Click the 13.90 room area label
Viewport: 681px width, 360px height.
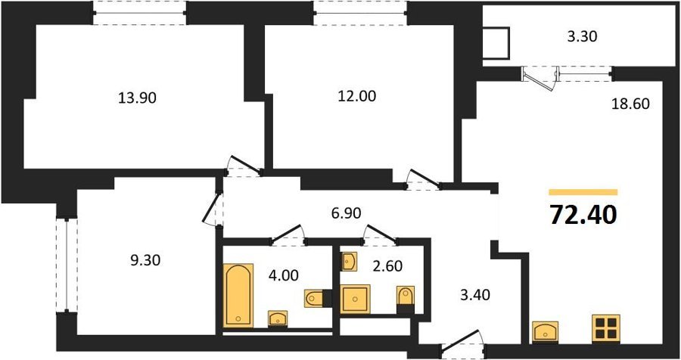coord(137,98)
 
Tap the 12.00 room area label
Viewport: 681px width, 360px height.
coord(357,96)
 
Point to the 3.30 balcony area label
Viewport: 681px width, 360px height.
coord(582,36)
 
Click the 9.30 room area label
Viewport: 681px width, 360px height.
coord(145,261)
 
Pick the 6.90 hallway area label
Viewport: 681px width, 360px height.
coord(346,213)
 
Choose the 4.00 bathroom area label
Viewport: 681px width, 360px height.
coord(283,275)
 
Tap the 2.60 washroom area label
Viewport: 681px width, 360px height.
coord(387,265)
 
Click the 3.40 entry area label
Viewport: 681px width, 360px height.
coord(474,295)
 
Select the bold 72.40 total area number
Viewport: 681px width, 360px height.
coord(583,215)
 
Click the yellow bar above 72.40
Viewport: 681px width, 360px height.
coord(583,192)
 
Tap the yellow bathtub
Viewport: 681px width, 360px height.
coord(238,295)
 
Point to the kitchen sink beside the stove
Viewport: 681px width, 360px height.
coord(545,332)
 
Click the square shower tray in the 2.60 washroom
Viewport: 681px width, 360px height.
coord(356,299)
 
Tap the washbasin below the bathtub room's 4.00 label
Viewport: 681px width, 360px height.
coord(278,318)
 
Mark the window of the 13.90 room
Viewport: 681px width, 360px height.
coord(140,13)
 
